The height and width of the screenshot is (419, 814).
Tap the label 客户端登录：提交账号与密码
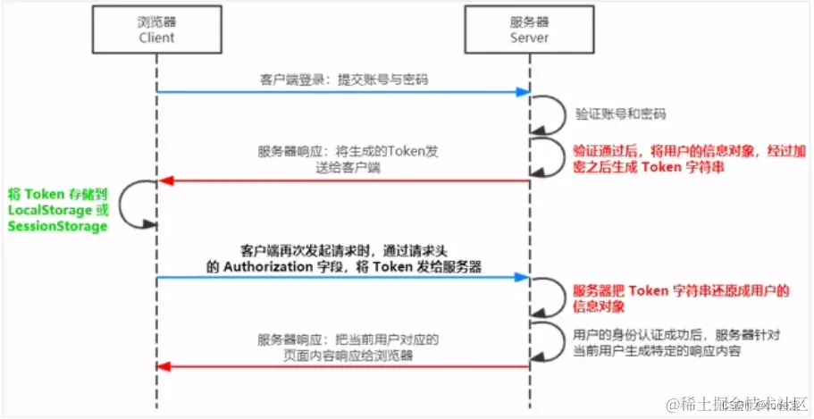[339, 80]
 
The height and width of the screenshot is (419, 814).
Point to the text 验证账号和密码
[621, 115]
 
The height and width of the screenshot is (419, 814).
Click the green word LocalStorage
[49, 209]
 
